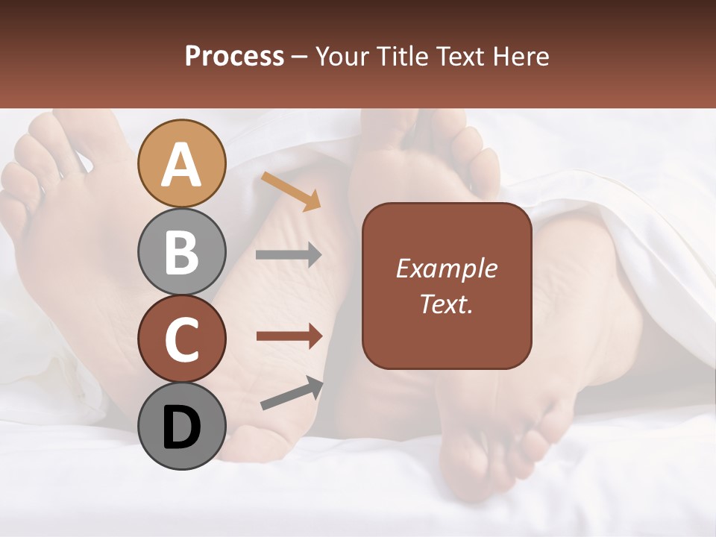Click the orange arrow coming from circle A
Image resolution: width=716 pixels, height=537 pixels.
coord(291,191)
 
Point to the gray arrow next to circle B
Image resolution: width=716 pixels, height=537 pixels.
coord(289,255)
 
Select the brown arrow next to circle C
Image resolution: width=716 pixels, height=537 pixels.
coord(289,336)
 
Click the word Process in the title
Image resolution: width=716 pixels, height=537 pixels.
coord(234,57)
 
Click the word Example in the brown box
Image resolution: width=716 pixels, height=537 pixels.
coord(446,268)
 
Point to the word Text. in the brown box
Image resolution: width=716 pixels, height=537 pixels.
coord(446,304)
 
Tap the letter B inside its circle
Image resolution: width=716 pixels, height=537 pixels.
coord(182,252)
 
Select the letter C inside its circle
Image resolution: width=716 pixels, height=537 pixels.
coord(182,340)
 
